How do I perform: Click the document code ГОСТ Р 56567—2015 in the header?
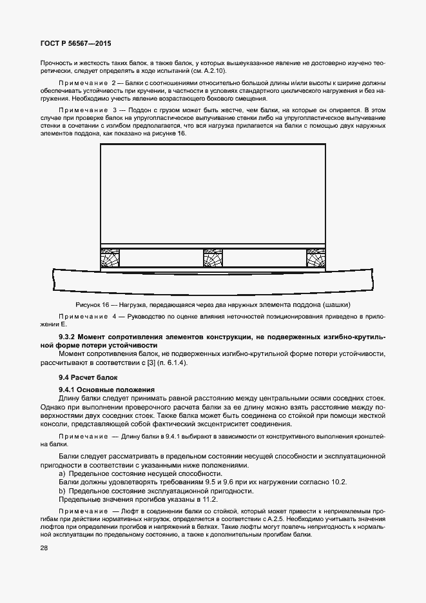(x=68, y=44)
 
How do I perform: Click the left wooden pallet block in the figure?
(x=110, y=259)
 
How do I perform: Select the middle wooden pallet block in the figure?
(x=213, y=259)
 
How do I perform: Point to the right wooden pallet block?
(x=315, y=259)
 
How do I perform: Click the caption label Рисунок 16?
(x=92, y=304)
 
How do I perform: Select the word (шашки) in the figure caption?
(x=344, y=304)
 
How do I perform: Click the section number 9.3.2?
(x=69, y=337)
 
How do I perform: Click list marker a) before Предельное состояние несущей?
(x=62, y=474)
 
